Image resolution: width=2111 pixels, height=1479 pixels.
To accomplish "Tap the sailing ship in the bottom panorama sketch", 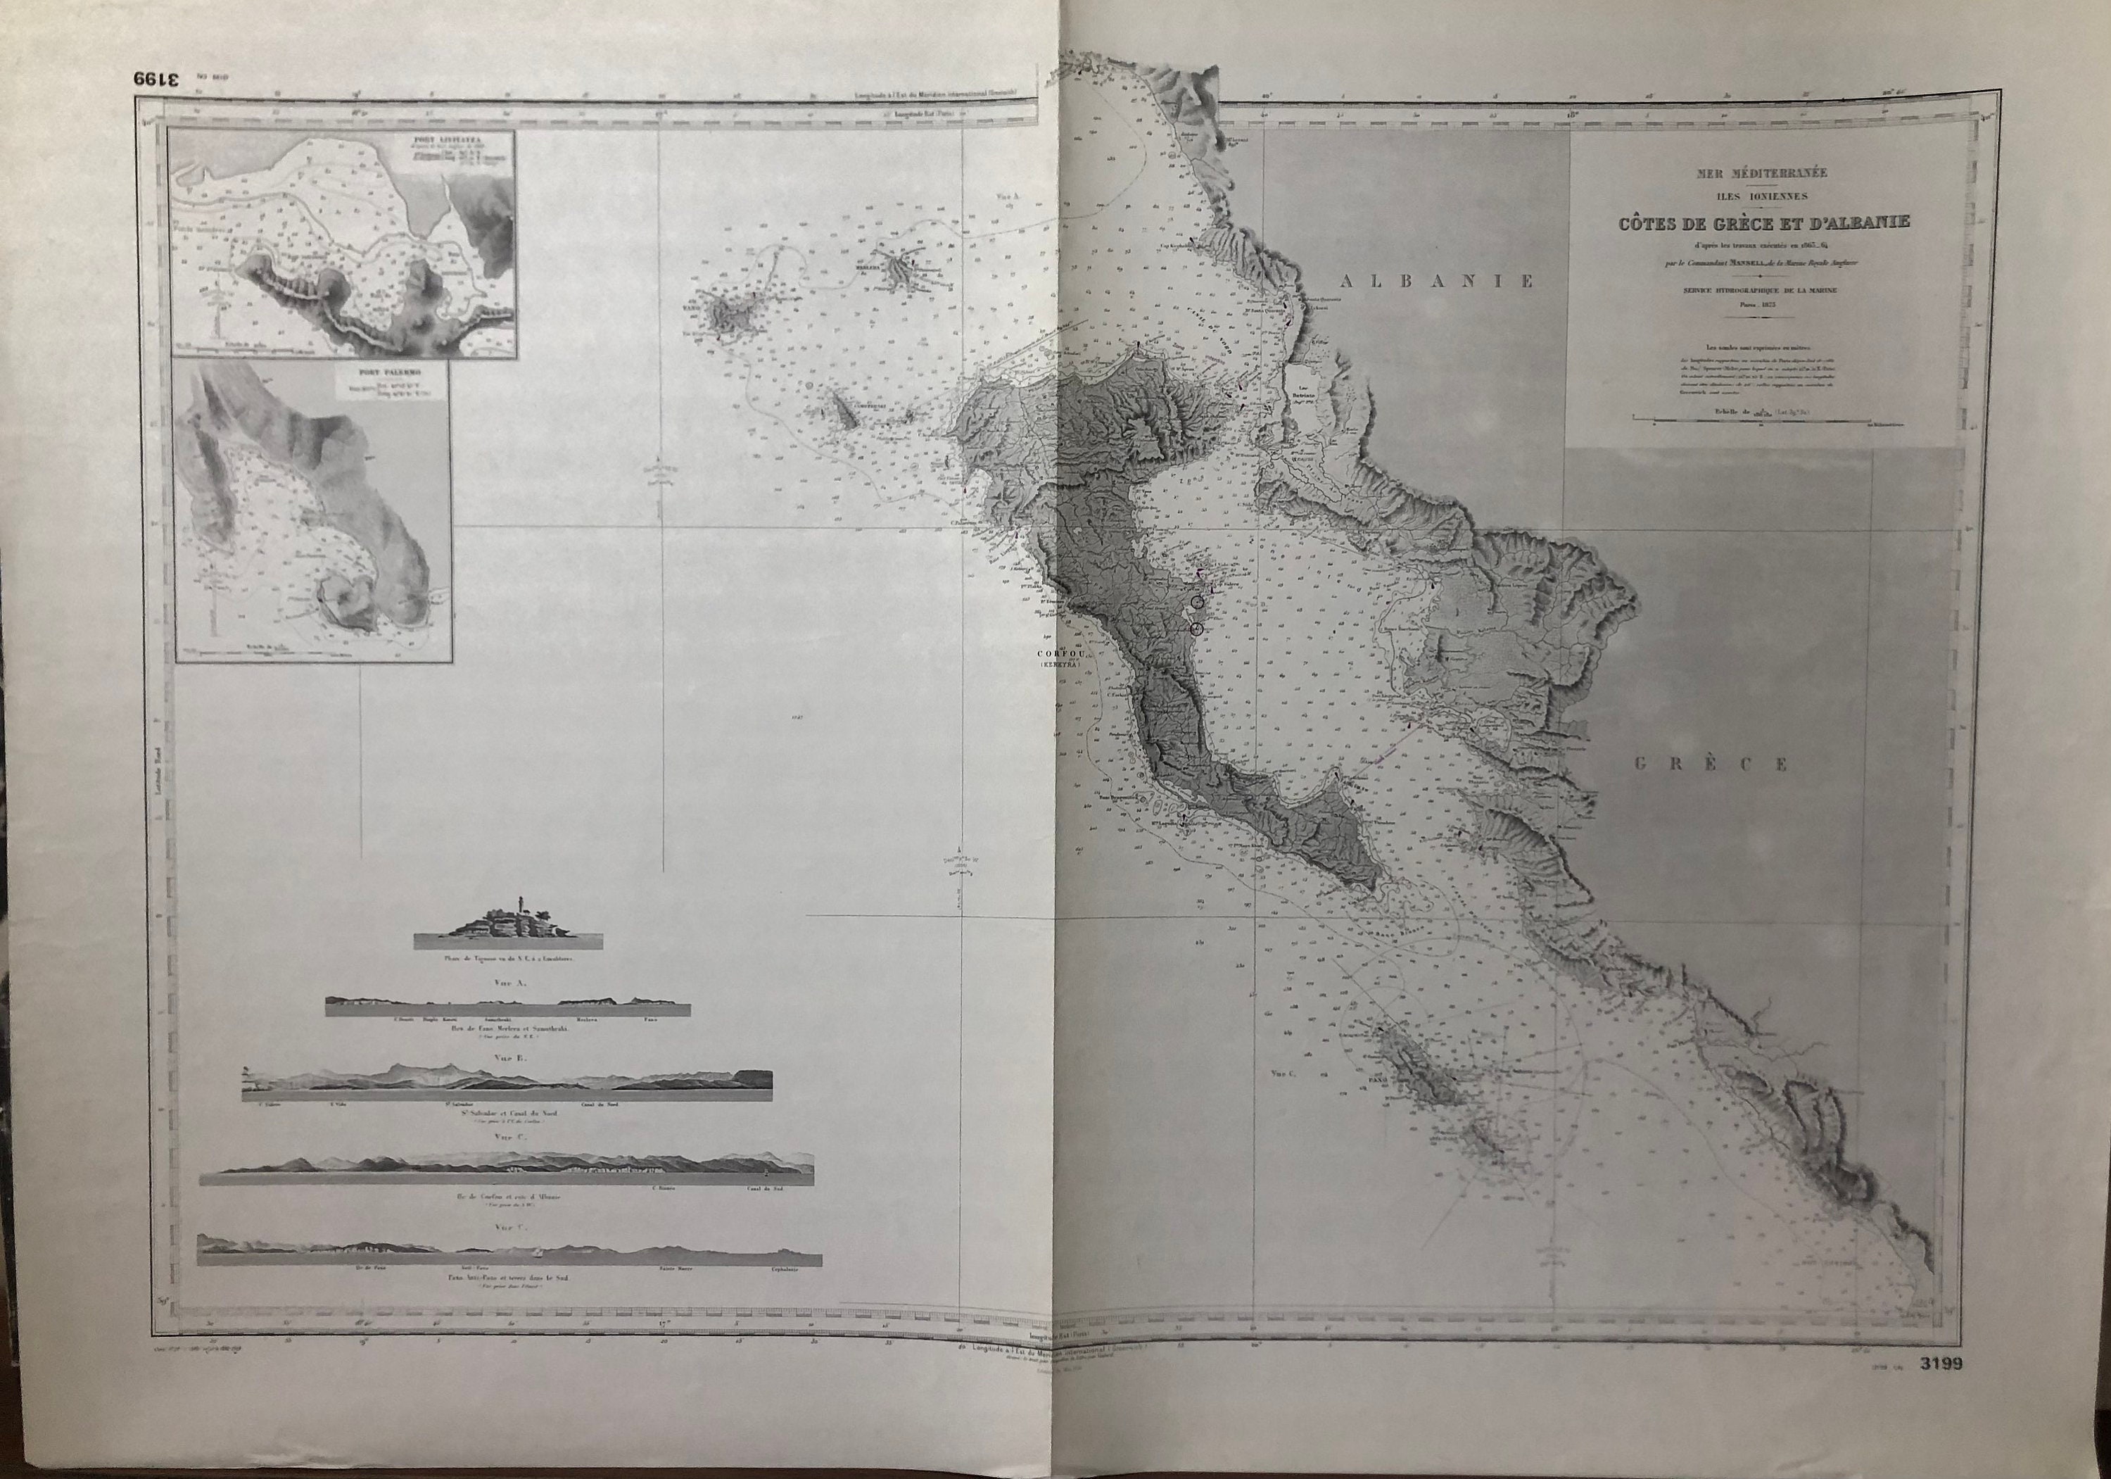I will pyautogui.click(x=533, y=1253).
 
